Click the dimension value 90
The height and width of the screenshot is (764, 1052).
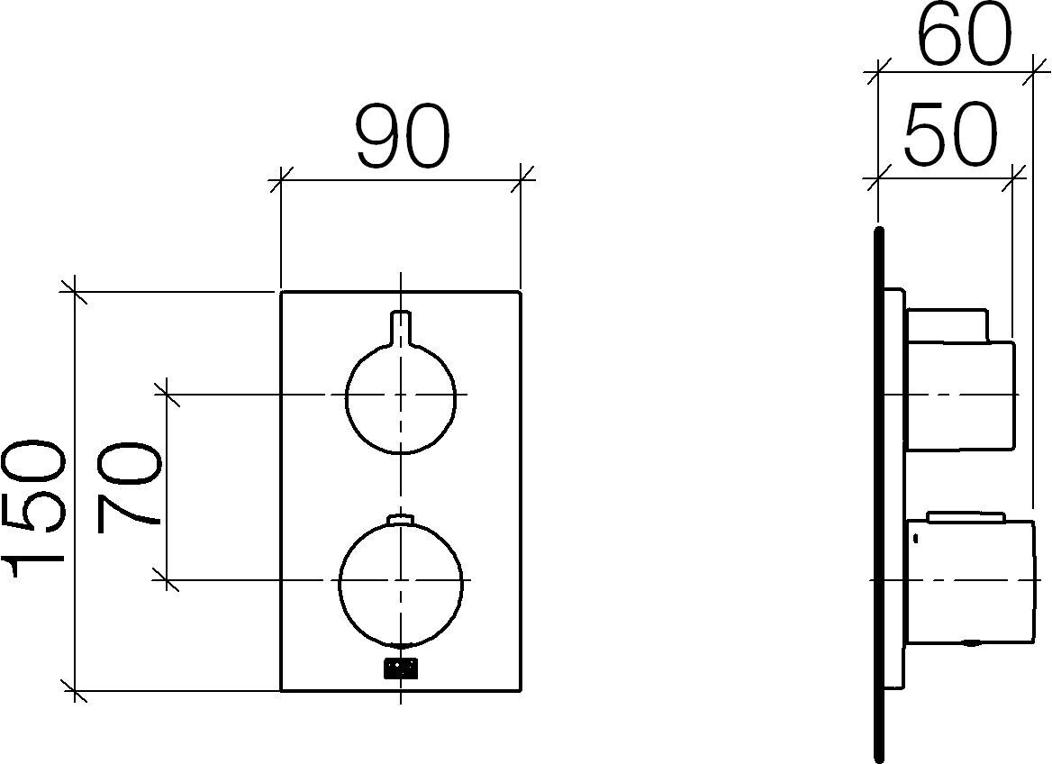[x=402, y=137]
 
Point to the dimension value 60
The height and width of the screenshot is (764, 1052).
[x=964, y=36]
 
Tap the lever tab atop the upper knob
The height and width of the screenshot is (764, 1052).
[x=401, y=325]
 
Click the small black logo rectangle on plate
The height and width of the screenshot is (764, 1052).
[x=401, y=668]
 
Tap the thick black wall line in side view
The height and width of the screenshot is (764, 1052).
[x=879, y=496]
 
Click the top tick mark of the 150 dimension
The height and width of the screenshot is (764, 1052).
[x=75, y=292]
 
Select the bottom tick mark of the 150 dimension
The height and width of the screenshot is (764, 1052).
[x=75, y=691]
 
